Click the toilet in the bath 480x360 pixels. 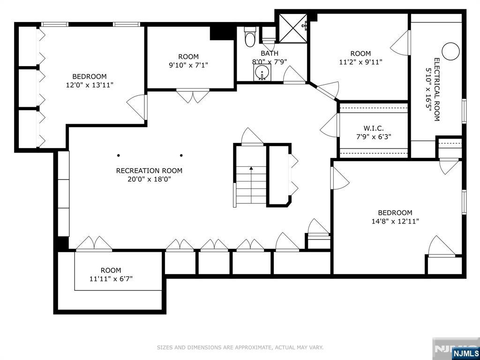(x=250, y=37)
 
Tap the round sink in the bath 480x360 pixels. (x=262, y=72)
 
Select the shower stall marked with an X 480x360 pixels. (x=293, y=28)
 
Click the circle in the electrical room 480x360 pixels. (x=450, y=51)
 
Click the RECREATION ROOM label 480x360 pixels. (x=149, y=171)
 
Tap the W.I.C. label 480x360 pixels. (x=374, y=128)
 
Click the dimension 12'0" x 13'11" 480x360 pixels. (x=90, y=85)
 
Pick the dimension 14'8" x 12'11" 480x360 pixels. (x=395, y=221)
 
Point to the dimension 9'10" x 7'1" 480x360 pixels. (x=188, y=65)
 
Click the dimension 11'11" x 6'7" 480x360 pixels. (x=111, y=279)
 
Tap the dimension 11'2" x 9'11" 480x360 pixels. (x=360, y=62)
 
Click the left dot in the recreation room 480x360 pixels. (x=119, y=156)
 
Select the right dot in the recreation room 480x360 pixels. (x=181, y=156)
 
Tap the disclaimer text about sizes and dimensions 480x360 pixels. (x=240, y=347)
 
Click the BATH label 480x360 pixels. (x=270, y=53)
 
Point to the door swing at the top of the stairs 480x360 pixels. (x=252, y=136)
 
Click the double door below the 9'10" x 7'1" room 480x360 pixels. (x=193, y=96)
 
